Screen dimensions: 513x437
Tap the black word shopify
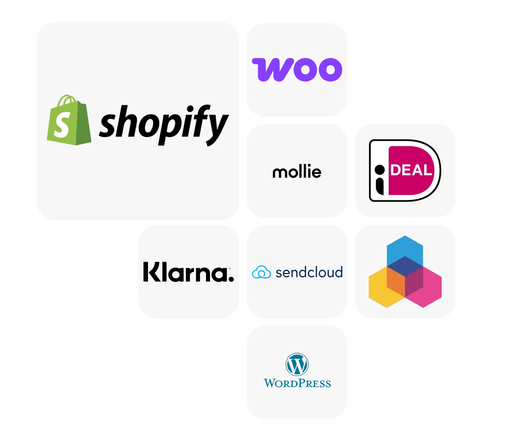click(x=164, y=125)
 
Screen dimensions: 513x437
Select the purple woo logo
click(x=297, y=70)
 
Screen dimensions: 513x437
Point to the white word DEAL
click(x=411, y=170)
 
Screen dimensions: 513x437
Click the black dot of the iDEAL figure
click(x=380, y=170)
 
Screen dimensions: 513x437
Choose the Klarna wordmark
click(x=189, y=272)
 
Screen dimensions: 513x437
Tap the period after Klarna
click(x=231, y=279)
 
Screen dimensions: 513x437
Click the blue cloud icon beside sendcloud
click(x=261, y=272)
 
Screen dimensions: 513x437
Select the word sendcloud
click(x=309, y=272)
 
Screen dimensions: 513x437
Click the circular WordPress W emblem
click(x=297, y=364)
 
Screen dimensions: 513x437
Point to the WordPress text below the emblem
click(x=297, y=383)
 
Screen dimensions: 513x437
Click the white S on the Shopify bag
click(x=61, y=125)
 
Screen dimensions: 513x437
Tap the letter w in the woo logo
click(x=272, y=70)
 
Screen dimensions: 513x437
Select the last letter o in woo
click(x=330, y=70)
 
